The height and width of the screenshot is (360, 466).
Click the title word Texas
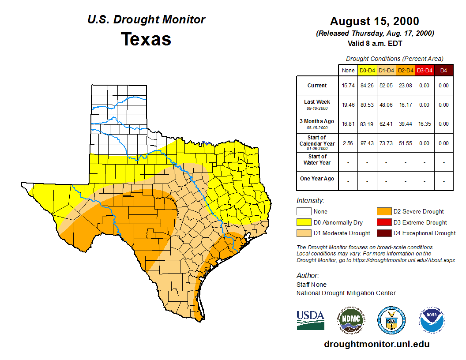pyautogui.click(x=146, y=39)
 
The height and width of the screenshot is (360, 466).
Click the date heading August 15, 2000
pyautogui.click(x=375, y=21)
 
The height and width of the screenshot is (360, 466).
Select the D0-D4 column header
pyautogui.click(x=367, y=70)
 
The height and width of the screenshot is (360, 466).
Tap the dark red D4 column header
pyautogui.click(x=443, y=70)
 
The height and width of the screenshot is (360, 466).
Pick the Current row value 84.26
pyautogui.click(x=367, y=86)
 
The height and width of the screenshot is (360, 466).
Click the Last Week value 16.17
pyautogui.click(x=405, y=105)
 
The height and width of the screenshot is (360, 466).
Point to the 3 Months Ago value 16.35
pyautogui.click(x=424, y=124)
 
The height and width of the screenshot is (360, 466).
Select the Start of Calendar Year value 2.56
pyautogui.click(x=348, y=143)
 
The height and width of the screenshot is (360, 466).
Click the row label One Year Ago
pyautogui.click(x=317, y=179)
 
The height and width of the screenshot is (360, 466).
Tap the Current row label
pyautogui.click(x=317, y=86)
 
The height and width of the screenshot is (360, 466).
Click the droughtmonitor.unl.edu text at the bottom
pyautogui.click(x=376, y=344)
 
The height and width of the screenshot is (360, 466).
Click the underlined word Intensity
pyautogui.click(x=310, y=201)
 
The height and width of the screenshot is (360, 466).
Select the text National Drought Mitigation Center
pyautogui.click(x=346, y=293)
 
